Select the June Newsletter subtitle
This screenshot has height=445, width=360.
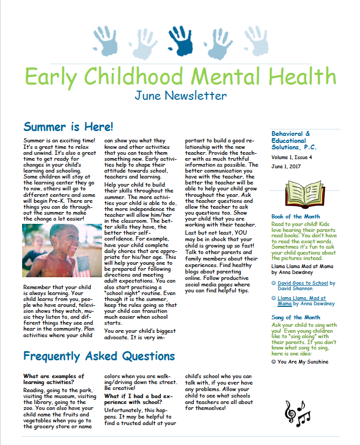coord(180,96)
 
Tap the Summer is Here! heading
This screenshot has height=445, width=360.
coord(69,127)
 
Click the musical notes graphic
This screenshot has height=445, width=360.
coord(297,413)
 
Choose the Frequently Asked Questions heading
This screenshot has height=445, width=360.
coord(99,357)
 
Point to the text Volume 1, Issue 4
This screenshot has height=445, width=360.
coord(292,158)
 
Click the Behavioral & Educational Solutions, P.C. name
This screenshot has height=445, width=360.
coord(294,140)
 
